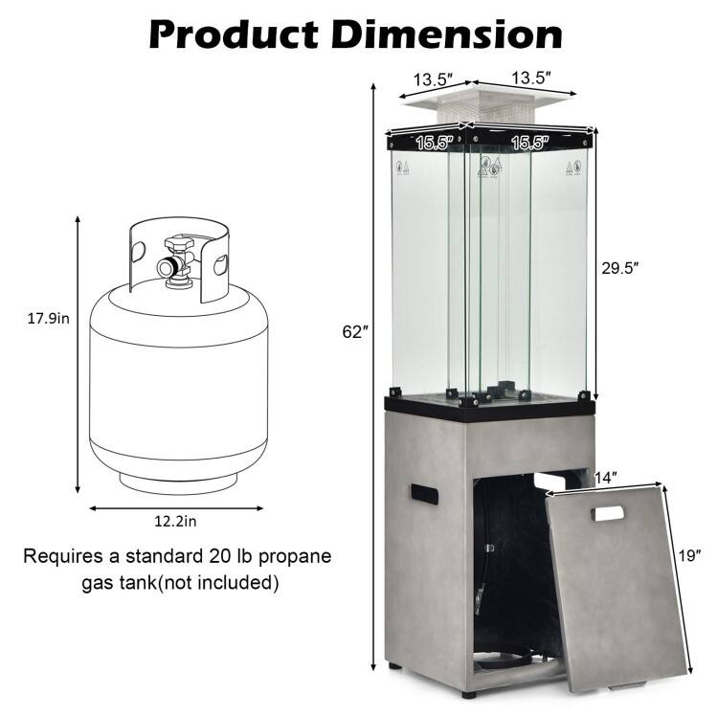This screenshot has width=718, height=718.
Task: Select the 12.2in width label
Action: [x=175, y=521]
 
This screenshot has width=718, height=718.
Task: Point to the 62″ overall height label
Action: [x=354, y=332]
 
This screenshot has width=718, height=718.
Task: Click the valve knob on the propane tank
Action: [x=172, y=264]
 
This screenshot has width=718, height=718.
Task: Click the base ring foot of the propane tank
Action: [x=175, y=473]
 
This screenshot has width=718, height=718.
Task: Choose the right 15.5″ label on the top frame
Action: [x=529, y=143]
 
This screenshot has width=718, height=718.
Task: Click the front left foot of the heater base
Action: [x=394, y=662]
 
